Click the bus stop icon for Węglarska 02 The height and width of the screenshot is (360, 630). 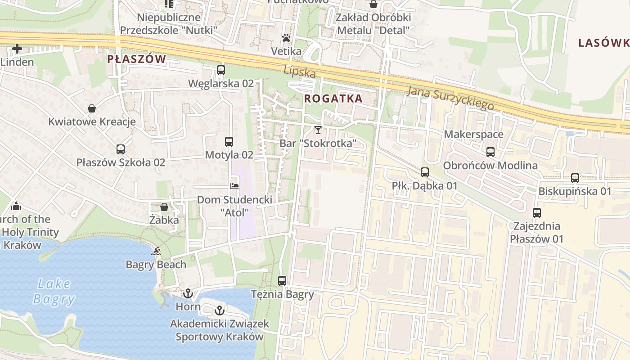coord(220,70)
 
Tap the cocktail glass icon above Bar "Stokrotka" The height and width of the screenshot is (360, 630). coord(318,130)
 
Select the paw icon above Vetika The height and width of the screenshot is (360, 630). coord(286,38)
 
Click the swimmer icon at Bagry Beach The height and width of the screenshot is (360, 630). coord(156,251)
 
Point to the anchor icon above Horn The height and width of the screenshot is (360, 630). coord(188,294)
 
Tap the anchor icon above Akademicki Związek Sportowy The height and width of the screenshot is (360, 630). coord(219,310)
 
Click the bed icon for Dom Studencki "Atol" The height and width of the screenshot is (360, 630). coord(234,186)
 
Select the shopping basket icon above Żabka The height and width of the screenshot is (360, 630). coord(164,207)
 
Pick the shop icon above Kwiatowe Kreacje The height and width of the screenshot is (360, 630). coord(92,108)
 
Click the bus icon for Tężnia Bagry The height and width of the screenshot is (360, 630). coord(282,281)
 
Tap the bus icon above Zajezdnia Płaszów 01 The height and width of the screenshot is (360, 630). coord(536,212)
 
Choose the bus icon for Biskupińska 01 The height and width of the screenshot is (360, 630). coord(575,178)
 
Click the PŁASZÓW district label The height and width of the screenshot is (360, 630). coord(136,59)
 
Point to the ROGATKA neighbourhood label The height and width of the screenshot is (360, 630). coord(333,99)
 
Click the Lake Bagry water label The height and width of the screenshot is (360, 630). coord(54,291)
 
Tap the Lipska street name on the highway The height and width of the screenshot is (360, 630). coord(299,72)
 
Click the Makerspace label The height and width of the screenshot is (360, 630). coord(473,134)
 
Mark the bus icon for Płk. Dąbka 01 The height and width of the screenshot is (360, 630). coord(424,172)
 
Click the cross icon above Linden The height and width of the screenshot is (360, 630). coord(17,48)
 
